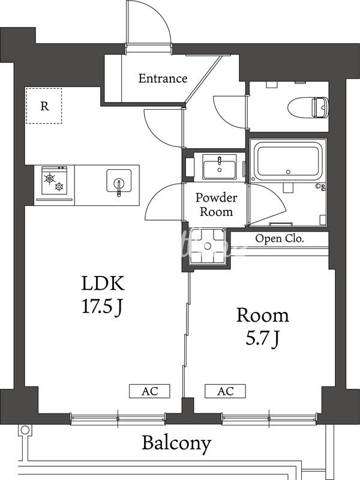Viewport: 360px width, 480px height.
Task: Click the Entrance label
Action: point(163,79)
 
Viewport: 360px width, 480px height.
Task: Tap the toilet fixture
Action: point(308,107)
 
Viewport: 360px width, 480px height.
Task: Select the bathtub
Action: point(288,161)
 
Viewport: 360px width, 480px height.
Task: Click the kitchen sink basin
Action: point(119,181)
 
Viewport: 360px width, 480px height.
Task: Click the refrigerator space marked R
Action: point(44,106)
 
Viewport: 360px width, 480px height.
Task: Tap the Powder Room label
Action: point(217,205)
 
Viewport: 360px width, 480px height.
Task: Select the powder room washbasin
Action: point(220,167)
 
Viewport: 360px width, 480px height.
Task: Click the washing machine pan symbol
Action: point(207,245)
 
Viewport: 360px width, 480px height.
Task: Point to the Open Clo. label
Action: point(280,238)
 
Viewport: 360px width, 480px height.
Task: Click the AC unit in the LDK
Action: point(149,391)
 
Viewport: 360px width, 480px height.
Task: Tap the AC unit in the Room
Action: point(226,391)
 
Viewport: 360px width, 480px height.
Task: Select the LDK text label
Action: point(103,283)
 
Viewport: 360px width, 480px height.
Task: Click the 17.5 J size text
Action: point(102,307)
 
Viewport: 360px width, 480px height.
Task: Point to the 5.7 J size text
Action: point(263,339)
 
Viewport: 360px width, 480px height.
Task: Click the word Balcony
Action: point(176,443)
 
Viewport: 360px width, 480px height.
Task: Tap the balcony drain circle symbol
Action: point(25,430)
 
